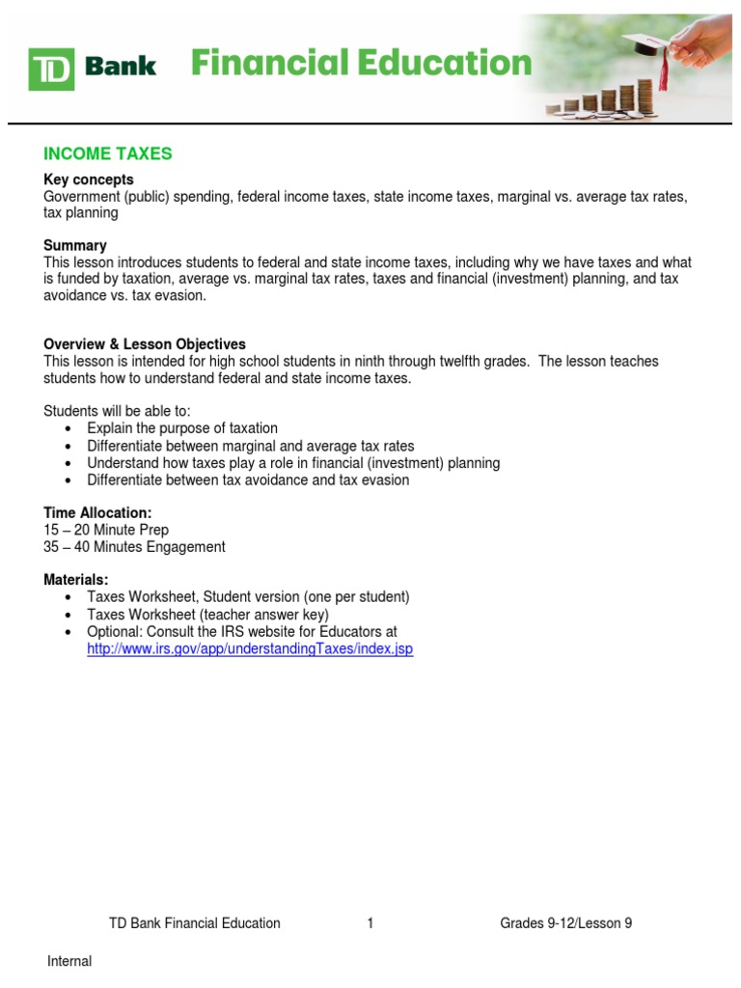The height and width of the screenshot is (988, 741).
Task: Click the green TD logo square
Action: click(52, 68)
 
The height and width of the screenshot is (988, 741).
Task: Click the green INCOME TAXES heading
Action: click(108, 153)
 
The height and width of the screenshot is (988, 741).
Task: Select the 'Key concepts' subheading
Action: click(89, 179)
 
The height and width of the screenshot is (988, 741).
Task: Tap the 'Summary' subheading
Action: click(75, 245)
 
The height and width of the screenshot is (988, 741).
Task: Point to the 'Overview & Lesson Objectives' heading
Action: click(145, 344)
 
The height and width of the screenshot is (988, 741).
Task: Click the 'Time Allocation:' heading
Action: click(97, 512)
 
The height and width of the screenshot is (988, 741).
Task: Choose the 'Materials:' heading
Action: click(76, 579)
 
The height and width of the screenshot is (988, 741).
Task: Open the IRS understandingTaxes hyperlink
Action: click(250, 649)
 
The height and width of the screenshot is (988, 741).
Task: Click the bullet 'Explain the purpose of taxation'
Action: click(182, 428)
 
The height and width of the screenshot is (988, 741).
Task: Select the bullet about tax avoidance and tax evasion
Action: click(248, 480)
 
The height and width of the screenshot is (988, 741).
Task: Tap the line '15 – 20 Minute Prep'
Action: click(106, 530)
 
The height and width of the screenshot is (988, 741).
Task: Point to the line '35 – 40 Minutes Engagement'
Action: click(134, 547)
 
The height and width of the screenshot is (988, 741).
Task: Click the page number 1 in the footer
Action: click(370, 923)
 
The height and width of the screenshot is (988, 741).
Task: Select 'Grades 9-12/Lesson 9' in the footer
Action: click(565, 923)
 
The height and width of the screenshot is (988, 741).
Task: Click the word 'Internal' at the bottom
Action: click(69, 961)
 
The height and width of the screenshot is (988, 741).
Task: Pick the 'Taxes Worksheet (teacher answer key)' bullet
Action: click(207, 615)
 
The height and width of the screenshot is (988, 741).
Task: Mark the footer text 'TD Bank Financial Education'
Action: click(194, 923)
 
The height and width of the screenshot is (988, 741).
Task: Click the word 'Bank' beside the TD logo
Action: click(120, 67)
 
